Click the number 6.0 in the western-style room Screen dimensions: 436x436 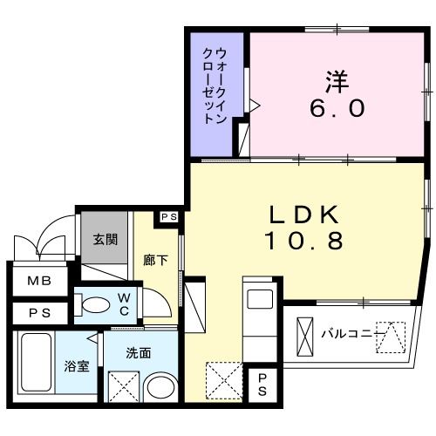[x=337, y=108]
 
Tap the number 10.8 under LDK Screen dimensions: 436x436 [x=304, y=240]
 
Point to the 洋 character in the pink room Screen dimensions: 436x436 [x=337, y=80]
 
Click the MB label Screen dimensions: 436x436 [x=37, y=281]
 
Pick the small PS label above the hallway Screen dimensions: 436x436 [x=168, y=217]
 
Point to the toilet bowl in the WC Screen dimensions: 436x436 [x=95, y=305]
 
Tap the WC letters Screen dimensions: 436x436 [x=124, y=304]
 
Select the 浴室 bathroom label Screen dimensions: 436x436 [x=76, y=366]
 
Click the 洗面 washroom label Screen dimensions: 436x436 [x=138, y=353]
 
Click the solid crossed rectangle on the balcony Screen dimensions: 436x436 [x=305, y=332]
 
